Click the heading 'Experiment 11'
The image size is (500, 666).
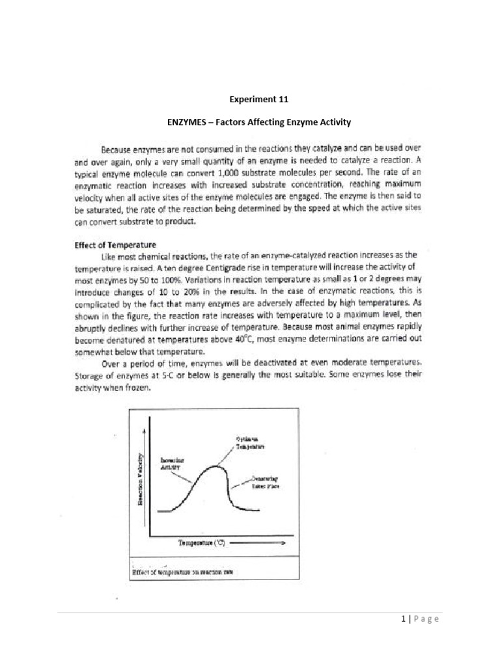(x=260, y=100)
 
